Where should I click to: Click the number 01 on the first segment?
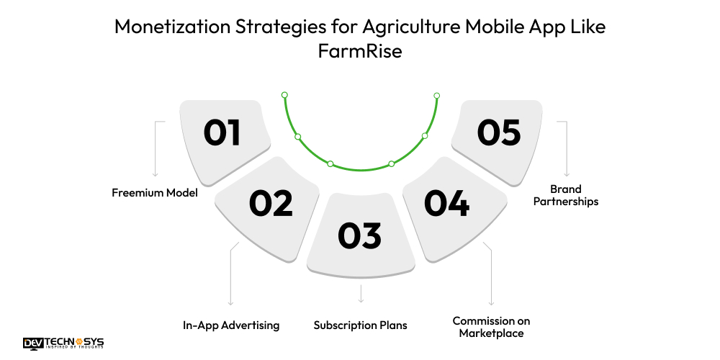click(222, 133)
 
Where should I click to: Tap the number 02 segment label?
click(271, 203)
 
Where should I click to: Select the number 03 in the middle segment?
click(360, 236)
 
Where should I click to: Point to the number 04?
click(446, 203)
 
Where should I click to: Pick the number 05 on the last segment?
click(499, 133)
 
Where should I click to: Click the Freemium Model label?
click(155, 192)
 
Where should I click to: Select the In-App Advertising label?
click(231, 325)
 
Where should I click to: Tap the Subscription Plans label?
click(360, 325)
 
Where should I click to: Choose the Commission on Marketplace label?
click(491, 326)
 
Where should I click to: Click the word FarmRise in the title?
click(360, 52)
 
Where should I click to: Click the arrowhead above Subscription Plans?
click(360, 300)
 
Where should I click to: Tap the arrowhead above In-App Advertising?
click(230, 304)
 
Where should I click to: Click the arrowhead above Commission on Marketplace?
click(491, 304)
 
